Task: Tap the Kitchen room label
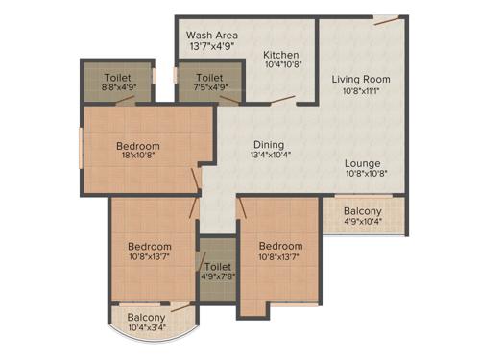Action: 282,55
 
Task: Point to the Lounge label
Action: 363,163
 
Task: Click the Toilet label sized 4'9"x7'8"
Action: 218,266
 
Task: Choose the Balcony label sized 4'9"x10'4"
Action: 363,211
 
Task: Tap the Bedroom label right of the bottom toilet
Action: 280,246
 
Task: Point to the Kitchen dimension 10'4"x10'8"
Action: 282,65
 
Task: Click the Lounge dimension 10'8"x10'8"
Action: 363,175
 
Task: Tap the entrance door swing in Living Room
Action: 386,19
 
